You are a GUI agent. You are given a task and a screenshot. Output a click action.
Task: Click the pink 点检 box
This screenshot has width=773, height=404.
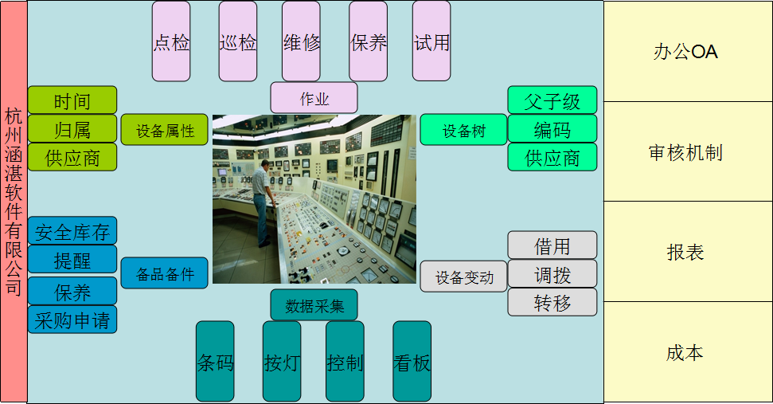tap(171, 41)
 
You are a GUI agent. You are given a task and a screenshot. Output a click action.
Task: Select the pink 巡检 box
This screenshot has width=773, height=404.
tap(237, 41)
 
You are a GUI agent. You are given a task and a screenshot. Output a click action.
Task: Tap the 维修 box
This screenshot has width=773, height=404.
tap(301, 41)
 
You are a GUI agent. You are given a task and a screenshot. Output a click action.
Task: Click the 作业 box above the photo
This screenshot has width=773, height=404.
tap(314, 98)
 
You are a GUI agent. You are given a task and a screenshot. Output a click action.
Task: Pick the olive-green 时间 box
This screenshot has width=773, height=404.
tap(72, 100)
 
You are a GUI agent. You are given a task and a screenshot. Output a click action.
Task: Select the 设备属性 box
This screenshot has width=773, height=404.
tap(165, 130)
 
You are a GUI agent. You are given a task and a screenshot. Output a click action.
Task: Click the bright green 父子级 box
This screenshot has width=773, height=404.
tap(552, 100)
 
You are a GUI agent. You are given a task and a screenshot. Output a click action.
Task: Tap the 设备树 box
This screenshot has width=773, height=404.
tap(463, 130)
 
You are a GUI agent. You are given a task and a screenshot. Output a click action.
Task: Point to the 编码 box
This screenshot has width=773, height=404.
tap(552, 129)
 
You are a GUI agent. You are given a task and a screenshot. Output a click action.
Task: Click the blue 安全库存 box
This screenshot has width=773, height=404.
tap(72, 231)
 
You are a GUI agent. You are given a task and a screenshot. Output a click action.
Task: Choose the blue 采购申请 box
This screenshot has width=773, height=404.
tap(72, 320)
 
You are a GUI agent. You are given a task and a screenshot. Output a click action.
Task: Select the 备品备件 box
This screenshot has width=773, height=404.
tap(165, 273)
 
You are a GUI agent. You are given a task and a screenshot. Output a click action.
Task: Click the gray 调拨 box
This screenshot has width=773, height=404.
tap(552, 274)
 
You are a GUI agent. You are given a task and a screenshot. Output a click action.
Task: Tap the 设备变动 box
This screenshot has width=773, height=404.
tap(463, 277)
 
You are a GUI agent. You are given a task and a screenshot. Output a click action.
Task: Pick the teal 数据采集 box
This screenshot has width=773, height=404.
tap(314, 305)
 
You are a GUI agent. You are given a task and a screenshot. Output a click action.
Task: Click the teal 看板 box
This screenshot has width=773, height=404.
tap(412, 362)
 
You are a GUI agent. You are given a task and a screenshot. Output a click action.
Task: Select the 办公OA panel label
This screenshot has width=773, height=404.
tap(685, 52)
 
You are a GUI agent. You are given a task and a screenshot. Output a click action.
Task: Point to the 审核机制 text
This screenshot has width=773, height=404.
tap(685, 152)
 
